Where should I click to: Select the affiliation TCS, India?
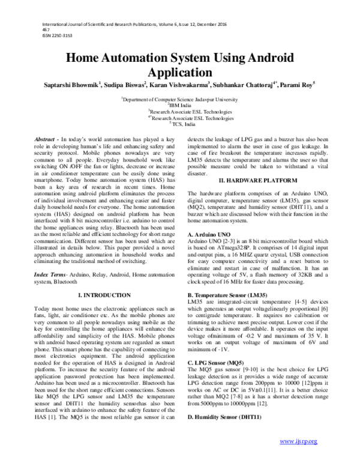[x=181, y=124]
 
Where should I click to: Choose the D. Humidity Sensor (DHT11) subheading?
[x=224, y=417]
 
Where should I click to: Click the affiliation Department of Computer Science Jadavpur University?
[x=181, y=97]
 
